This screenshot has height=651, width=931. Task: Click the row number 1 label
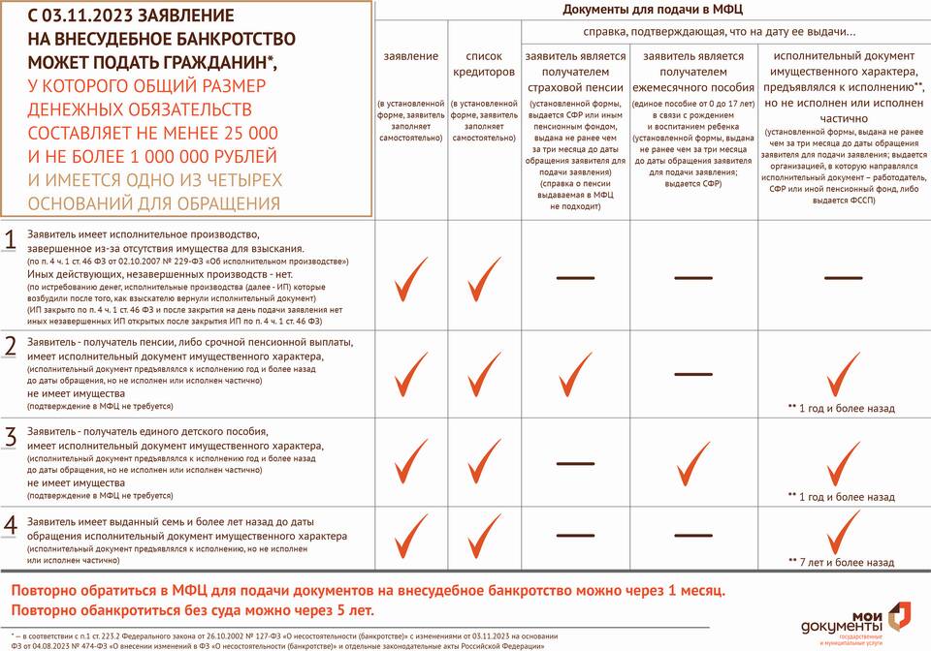(11, 241)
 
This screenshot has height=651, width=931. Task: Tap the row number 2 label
(11, 347)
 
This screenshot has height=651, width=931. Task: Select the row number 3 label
(11, 436)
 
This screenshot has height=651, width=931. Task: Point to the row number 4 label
(11, 525)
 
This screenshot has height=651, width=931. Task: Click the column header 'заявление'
(411, 56)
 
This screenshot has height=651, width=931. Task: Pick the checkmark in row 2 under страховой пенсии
(575, 372)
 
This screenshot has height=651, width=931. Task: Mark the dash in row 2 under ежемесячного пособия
(692, 373)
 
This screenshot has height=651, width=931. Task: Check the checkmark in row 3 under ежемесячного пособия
(693, 463)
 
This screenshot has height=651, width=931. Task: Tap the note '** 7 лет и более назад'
(841, 562)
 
